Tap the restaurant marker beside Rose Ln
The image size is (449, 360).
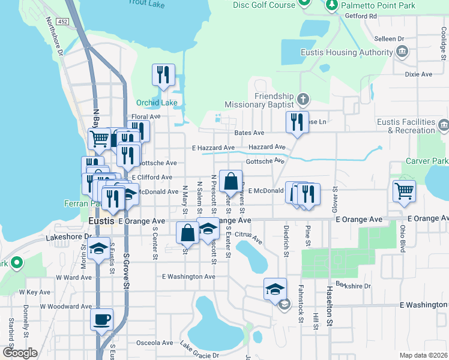(x=297, y=122)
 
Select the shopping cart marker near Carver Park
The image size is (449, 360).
(x=404, y=191)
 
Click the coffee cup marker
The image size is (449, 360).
(x=101, y=319)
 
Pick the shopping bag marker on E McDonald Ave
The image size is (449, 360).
(x=231, y=181)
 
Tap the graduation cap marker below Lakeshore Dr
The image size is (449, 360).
(x=99, y=249)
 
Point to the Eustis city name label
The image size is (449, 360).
(x=100, y=221)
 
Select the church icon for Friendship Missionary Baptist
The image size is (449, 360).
(x=304, y=98)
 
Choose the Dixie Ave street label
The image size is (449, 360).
(x=418, y=74)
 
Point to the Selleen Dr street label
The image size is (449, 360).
(x=388, y=38)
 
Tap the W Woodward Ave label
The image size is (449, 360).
(x=65, y=307)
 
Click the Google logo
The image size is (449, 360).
(x=19, y=352)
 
